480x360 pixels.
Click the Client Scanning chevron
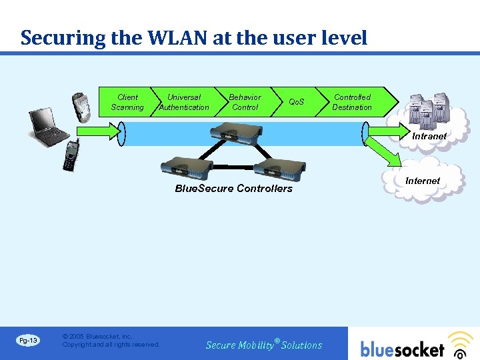point(127,102)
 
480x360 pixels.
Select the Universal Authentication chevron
point(183,102)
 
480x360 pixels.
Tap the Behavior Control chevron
point(245,102)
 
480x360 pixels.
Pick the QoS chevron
point(296,102)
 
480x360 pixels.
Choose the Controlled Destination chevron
point(353,102)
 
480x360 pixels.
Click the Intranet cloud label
point(429,136)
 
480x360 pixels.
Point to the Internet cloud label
point(423,181)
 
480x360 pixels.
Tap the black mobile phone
point(70,155)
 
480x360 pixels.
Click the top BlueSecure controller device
point(236,135)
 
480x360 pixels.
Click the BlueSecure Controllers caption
point(233,189)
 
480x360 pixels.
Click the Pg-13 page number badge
point(28,341)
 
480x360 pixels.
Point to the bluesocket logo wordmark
point(403,349)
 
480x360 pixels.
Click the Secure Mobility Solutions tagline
point(264,345)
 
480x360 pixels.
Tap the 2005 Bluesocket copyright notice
point(111,341)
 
